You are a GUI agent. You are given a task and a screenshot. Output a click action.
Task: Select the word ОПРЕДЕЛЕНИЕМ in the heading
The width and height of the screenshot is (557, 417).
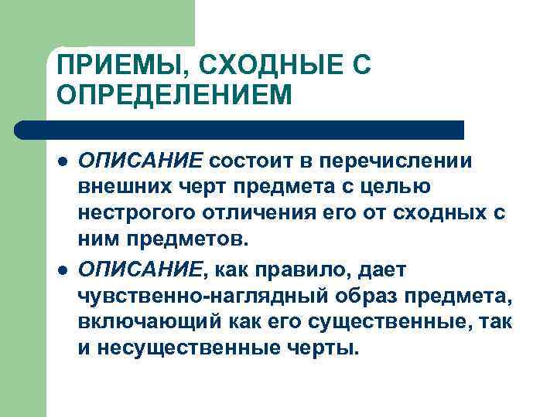[x=175, y=97]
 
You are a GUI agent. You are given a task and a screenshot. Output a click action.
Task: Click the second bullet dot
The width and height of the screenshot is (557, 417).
[x=61, y=270]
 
